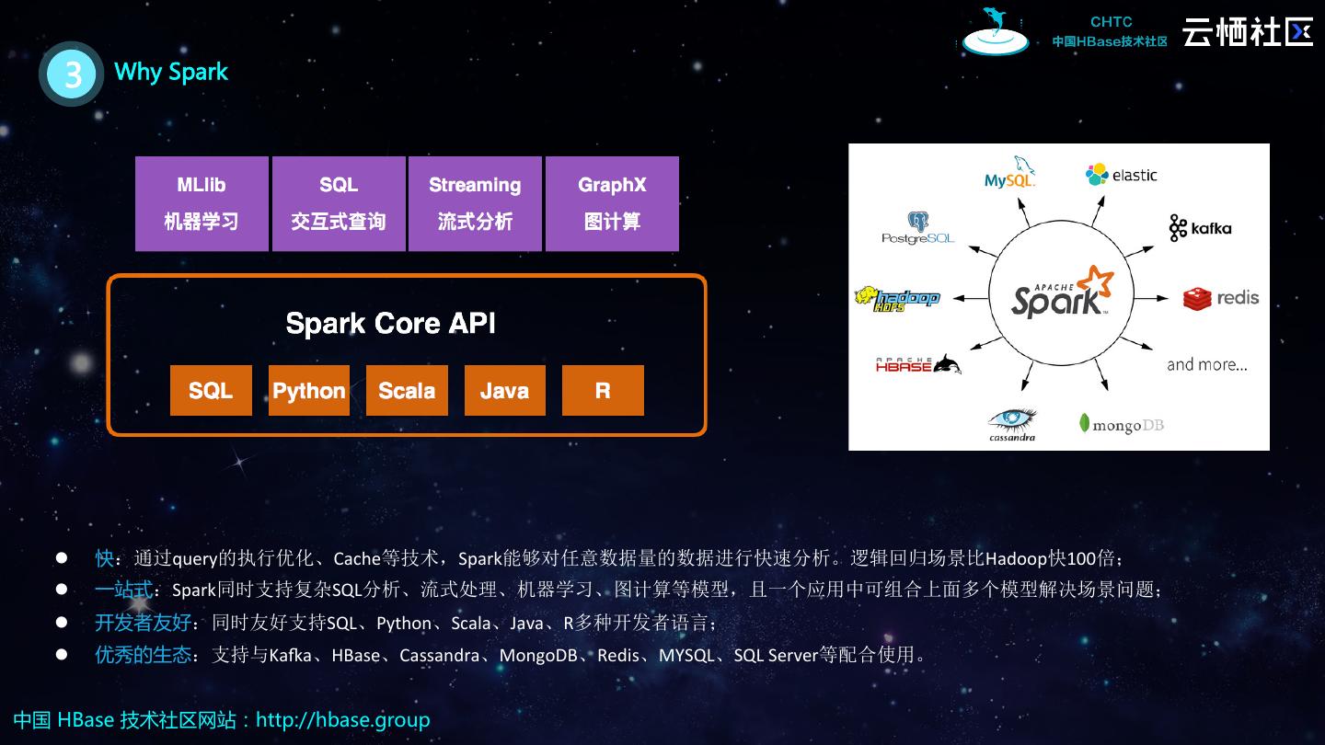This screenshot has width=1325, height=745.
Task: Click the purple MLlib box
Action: pyautogui.click(x=202, y=203)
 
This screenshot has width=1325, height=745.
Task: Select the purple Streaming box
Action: pyautogui.click(x=475, y=203)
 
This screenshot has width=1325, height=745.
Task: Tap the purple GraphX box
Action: pyautogui.click(x=612, y=203)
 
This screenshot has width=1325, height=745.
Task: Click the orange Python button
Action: pyautogui.click(x=309, y=391)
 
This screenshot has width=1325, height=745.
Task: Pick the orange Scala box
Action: pyautogui.click(x=407, y=391)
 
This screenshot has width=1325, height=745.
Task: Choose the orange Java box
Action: pyautogui.click(x=504, y=391)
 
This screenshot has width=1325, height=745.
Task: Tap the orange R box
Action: pyautogui.click(x=603, y=391)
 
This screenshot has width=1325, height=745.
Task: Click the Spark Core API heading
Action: pyautogui.click(x=390, y=324)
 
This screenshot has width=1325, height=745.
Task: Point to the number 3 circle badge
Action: pyautogui.click(x=71, y=74)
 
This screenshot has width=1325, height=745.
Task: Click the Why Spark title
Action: pyautogui.click(x=171, y=72)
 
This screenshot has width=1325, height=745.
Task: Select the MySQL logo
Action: pyautogui.click(x=1010, y=174)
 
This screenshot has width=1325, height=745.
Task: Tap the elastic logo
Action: pyautogui.click(x=1121, y=175)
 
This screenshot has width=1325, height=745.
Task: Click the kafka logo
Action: pyautogui.click(x=1200, y=228)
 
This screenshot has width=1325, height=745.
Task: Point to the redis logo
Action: pyautogui.click(x=1221, y=298)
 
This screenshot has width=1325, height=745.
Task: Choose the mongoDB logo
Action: pyautogui.click(x=1121, y=424)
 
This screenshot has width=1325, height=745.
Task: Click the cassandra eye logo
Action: pyautogui.click(x=1012, y=424)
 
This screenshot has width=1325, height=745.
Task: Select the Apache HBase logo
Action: pyautogui.click(x=917, y=365)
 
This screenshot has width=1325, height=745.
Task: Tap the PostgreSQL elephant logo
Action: pyautogui.click(x=917, y=228)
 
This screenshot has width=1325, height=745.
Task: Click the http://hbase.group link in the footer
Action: pyautogui.click(x=342, y=719)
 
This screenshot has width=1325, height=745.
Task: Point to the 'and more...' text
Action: pyautogui.click(x=1207, y=364)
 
